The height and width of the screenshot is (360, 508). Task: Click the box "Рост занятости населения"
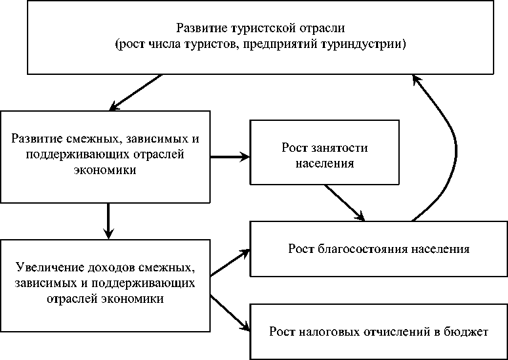324,152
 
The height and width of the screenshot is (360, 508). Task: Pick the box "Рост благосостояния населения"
379,250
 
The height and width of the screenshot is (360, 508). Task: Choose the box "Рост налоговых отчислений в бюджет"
379,331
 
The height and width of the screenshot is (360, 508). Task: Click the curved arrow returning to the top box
447,145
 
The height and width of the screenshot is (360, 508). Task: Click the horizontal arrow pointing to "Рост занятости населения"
230,156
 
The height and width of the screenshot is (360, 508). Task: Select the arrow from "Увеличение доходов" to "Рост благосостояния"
230,261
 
